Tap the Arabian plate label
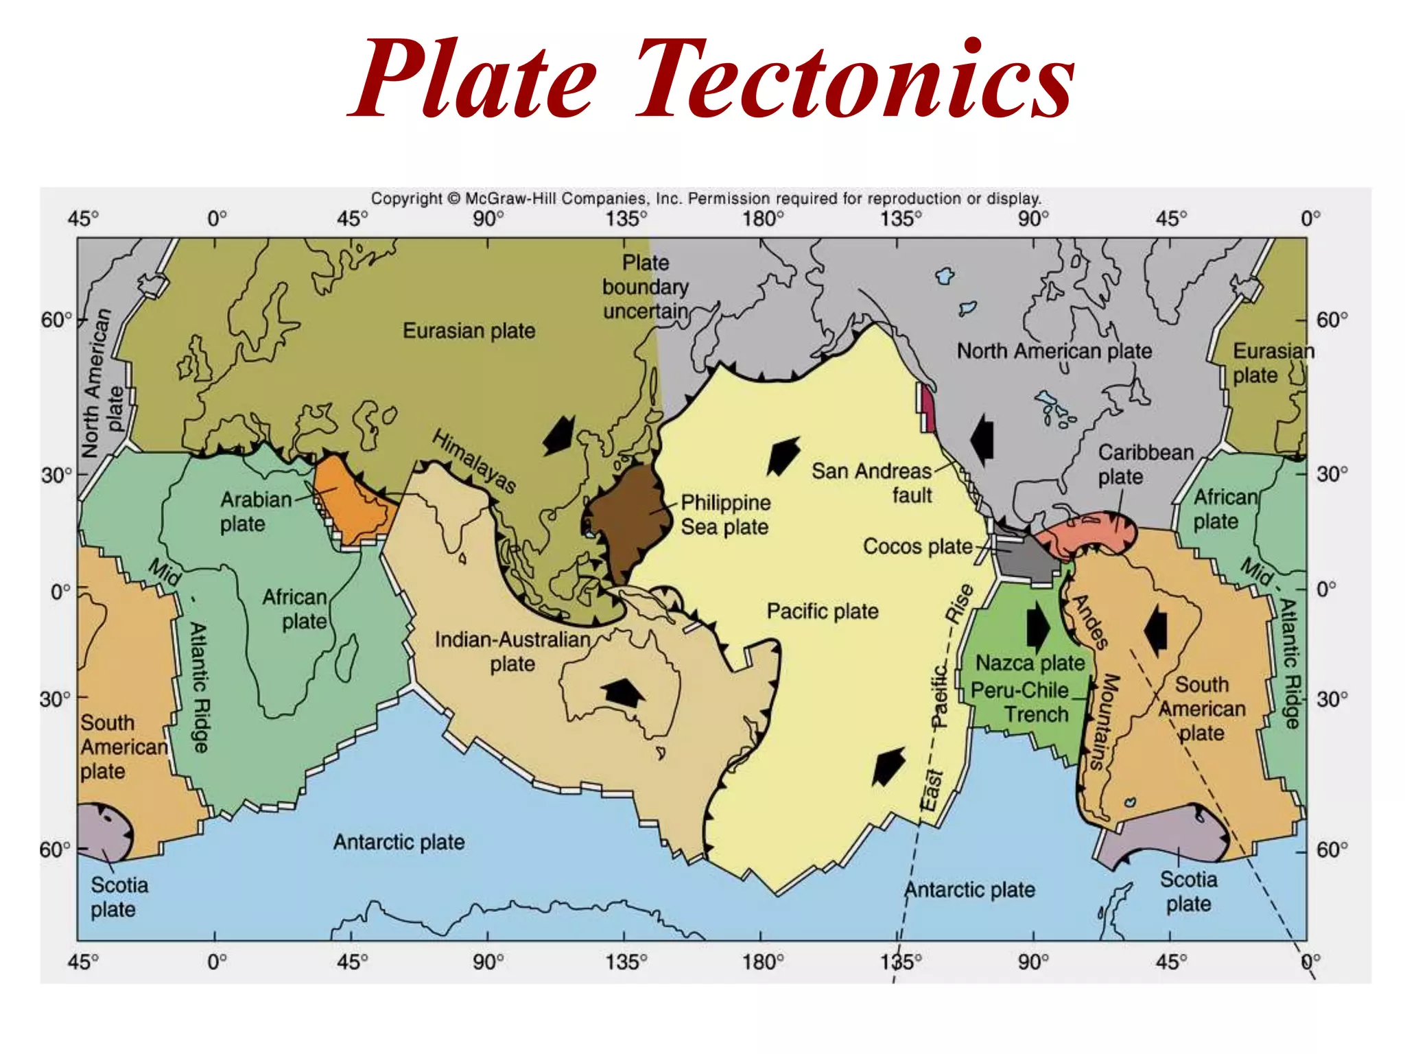coord(255,511)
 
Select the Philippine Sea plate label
coord(725,515)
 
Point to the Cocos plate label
coord(917,546)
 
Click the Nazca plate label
coord(1030,663)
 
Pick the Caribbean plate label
coord(1145,465)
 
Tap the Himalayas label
coord(473,460)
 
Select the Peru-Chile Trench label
coord(1020,702)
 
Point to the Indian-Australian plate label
coord(512,651)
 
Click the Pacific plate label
coord(822,611)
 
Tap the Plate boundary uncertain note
coord(645,287)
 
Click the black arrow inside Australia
coord(623,692)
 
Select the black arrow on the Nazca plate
coord(1037,626)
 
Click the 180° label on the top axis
coord(762,219)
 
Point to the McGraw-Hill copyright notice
coord(706,198)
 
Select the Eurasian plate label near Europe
coord(469,331)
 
